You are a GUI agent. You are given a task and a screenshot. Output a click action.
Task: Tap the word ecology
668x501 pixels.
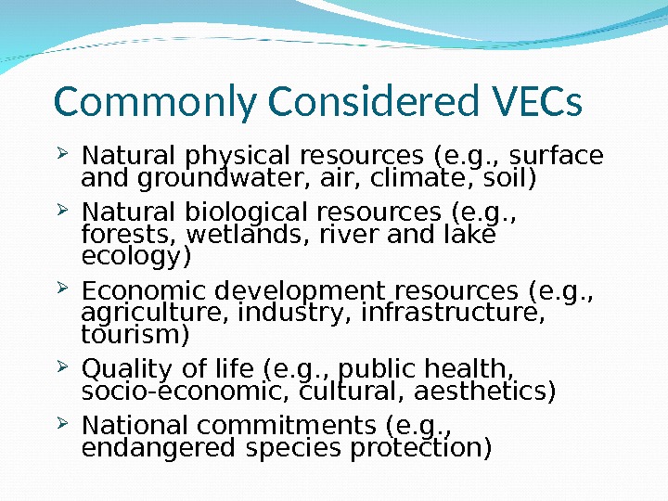[135, 255]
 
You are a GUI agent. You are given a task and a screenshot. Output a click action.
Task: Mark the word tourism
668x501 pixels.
[135, 333]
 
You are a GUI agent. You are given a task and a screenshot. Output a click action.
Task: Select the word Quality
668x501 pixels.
[119, 370]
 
